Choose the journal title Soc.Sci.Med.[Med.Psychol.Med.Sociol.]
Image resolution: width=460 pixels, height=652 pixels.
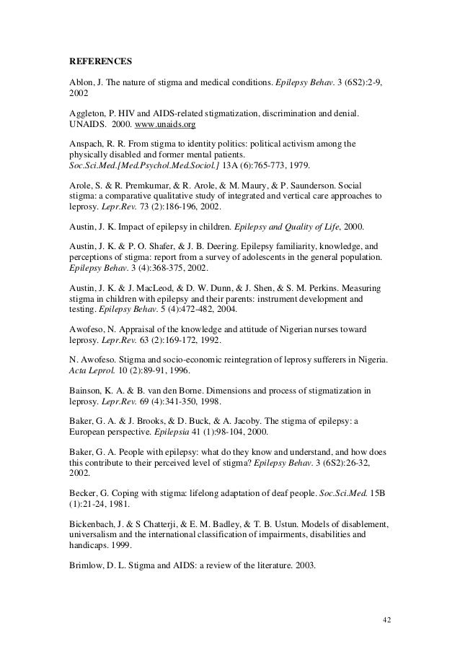pos(130,165)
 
